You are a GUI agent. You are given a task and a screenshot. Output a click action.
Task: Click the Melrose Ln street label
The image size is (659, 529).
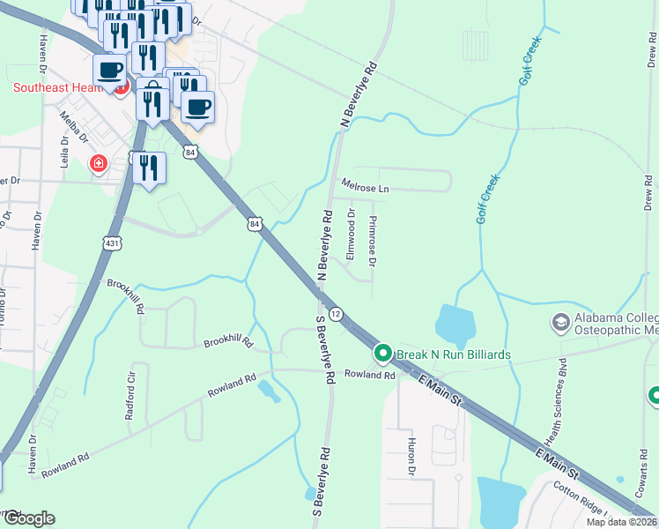point(365,189)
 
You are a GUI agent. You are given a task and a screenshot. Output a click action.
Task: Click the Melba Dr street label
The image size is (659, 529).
point(74,126)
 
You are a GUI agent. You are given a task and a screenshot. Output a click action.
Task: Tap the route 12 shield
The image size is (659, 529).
point(336,314)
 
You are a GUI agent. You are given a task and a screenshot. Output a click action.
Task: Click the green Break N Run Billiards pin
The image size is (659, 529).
point(382,354)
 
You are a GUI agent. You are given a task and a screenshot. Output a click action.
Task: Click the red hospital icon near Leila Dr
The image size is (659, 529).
point(98,163)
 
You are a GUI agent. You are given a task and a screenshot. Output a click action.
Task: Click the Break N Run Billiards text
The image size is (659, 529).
point(453,354)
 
